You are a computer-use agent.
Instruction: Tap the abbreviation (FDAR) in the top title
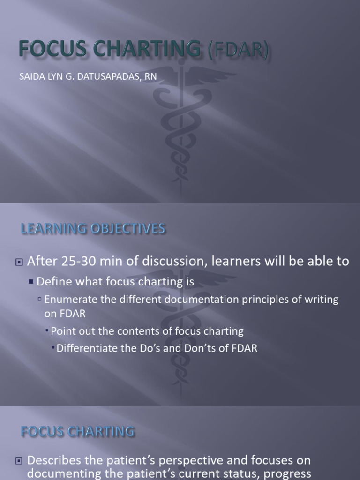pos(232,50)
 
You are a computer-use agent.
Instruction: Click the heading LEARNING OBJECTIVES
pos(93,228)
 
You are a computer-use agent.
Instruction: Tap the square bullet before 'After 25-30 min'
pos(19,262)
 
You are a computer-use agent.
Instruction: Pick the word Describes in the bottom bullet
pos(51,460)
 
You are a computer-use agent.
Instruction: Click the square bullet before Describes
pos(19,461)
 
